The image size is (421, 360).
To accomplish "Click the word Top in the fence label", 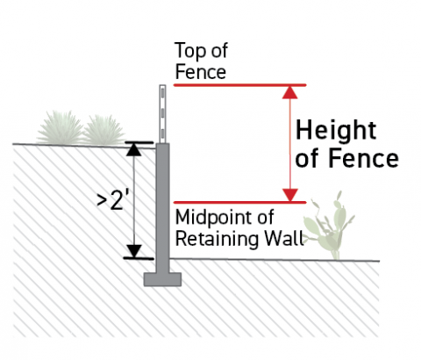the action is click(x=189, y=51).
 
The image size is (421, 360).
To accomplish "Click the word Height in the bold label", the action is click(x=336, y=130).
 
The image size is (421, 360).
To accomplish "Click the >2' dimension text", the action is click(x=113, y=200).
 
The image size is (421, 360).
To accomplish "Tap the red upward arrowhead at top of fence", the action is click(x=290, y=92).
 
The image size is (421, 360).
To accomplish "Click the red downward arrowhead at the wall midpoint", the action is click(x=290, y=195).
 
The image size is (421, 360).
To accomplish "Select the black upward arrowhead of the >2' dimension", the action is click(x=133, y=149).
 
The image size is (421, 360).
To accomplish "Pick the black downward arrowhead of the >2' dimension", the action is click(x=133, y=251).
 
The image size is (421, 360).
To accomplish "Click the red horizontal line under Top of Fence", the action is click(x=239, y=85).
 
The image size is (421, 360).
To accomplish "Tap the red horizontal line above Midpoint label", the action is click(x=239, y=202).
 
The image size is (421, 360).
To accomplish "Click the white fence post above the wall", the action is click(x=162, y=114).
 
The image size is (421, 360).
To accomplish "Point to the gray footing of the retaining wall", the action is click(x=162, y=279).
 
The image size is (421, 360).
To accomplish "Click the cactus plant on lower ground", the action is click(x=328, y=227).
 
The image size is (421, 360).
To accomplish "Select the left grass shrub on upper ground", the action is click(x=61, y=128).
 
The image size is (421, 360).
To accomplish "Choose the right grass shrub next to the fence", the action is click(x=104, y=130).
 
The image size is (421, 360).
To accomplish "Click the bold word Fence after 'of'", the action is click(x=363, y=158).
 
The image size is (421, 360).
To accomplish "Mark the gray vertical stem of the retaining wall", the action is click(x=162, y=208).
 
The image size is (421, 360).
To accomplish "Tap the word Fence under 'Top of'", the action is click(x=201, y=72).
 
